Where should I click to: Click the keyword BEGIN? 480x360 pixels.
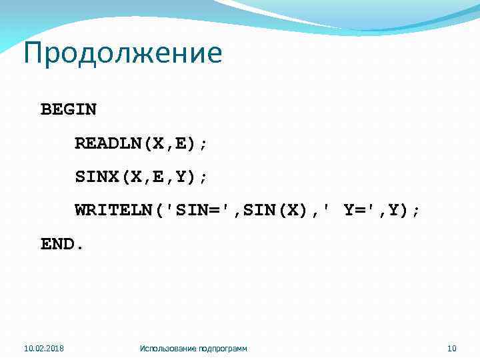tap(69, 109)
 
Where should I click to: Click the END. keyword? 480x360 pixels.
tap(63, 245)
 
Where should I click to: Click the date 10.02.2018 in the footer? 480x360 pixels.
tap(44, 348)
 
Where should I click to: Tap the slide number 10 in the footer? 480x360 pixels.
tap(451, 348)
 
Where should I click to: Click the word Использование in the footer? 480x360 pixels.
tap(169, 348)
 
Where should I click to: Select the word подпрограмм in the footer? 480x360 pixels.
tap(223, 348)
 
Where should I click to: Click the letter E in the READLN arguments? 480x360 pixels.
tap(175, 143)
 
